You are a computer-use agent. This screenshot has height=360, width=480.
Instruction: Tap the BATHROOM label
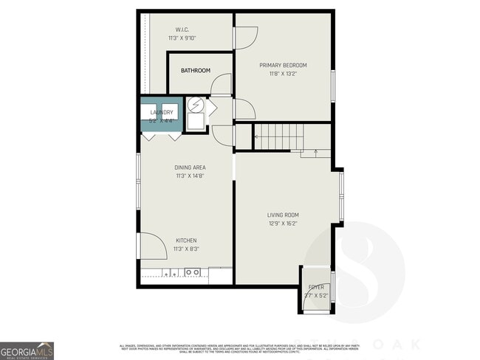click(196, 71)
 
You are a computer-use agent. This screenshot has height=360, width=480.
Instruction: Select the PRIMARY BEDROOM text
click(283, 65)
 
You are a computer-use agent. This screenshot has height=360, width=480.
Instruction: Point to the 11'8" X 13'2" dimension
click(283, 74)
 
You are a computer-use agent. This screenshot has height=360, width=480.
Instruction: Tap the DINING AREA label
click(190, 167)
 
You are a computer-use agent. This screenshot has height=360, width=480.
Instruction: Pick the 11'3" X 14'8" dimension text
click(190, 176)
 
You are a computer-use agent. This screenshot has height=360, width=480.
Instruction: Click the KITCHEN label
click(186, 240)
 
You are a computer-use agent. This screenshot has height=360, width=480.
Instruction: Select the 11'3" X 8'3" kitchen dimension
click(186, 249)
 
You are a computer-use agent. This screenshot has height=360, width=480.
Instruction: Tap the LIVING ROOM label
click(283, 215)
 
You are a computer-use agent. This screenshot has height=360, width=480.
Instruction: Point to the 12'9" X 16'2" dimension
click(283, 224)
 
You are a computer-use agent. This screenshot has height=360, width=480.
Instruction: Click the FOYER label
click(316, 287)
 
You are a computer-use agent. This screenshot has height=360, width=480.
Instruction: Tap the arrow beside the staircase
click(315, 153)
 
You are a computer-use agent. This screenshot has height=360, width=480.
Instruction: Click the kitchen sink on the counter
click(193, 272)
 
